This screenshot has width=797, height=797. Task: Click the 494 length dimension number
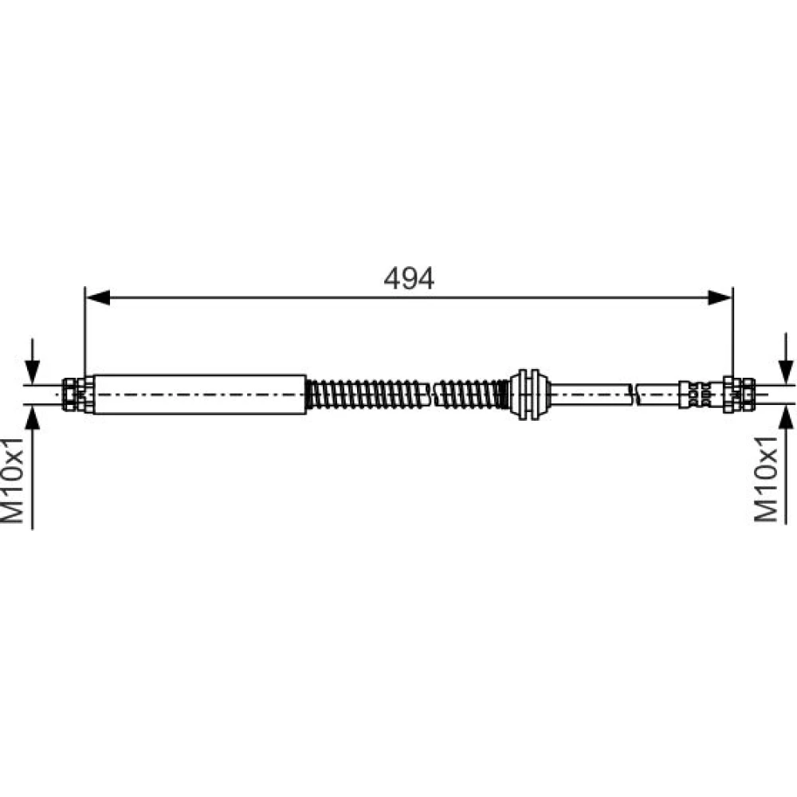[409, 278]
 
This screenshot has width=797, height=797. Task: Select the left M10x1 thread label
[13, 480]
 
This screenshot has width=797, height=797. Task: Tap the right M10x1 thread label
[766, 479]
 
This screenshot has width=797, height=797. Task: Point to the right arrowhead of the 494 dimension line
[720, 297]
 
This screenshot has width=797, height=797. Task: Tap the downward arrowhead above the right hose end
[786, 372]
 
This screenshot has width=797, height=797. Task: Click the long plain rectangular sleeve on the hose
[200, 395]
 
